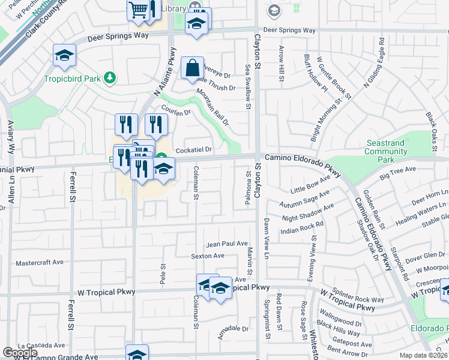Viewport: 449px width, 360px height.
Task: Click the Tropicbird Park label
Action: click(72, 78)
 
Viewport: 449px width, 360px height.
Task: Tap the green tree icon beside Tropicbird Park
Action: click(109, 77)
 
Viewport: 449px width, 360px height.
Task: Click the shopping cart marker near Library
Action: click(138, 11)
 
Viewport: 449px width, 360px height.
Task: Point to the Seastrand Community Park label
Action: click(388, 151)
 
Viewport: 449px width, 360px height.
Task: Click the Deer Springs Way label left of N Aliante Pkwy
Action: click(118, 37)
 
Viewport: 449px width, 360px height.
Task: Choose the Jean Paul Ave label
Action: click(227, 244)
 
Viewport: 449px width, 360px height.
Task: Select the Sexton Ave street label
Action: click(207, 256)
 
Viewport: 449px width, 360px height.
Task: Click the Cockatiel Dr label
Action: click(193, 150)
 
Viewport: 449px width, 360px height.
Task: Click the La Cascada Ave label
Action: click(41, 346)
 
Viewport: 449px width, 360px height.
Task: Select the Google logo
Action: click(20, 353)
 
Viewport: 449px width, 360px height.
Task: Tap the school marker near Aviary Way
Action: click(64, 56)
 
